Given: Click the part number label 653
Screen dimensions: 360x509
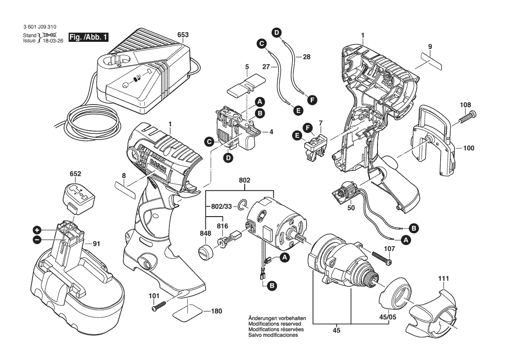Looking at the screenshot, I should pos(183,34).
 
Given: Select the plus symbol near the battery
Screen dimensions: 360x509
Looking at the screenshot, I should pos(37,230).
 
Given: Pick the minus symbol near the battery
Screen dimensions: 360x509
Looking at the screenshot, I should pos(37,239).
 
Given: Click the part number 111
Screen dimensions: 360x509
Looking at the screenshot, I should pos(444,278).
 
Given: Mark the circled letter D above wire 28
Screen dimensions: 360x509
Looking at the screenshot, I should pos(276,31).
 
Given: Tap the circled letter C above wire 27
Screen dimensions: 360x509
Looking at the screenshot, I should pos(261,43).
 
